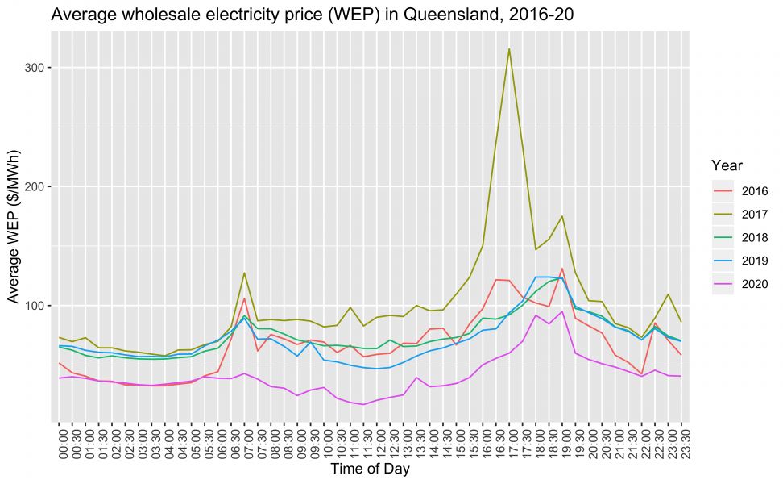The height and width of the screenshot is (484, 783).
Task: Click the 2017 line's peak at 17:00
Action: (509, 49)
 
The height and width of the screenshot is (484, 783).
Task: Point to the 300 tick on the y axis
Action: (34, 68)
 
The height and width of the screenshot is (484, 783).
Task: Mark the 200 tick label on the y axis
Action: (34, 186)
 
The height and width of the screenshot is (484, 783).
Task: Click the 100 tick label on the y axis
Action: (34, 306)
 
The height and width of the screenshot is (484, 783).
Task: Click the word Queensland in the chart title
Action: (353, 15)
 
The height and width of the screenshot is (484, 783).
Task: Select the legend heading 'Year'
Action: (727, 165)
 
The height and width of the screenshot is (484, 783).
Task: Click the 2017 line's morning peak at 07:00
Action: (244, 273)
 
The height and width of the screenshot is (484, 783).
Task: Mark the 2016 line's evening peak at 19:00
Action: (562, 269)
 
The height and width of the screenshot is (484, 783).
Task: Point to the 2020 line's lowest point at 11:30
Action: (363, 404)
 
